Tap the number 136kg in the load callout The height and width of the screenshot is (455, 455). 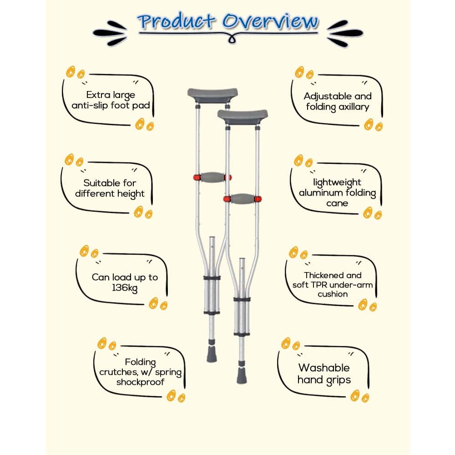coord(125,288)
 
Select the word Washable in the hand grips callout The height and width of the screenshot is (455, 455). coord(324,368)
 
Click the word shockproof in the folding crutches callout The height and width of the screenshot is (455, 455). coord(140,382)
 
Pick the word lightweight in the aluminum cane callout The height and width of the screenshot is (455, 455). coord(337,182)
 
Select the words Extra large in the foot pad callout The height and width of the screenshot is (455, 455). coord(111,95)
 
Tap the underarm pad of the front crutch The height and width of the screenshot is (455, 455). coord(243,116)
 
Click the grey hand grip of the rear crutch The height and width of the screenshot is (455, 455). coord(212,177)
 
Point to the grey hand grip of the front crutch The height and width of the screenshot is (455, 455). coord(243,199)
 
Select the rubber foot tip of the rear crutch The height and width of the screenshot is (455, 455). coord(212,354)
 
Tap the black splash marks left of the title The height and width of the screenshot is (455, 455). coord(110,33)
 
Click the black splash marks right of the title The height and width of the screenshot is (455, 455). coord(345,33)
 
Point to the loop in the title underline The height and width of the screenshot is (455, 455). coord(232,39)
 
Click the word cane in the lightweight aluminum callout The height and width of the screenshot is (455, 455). coord(337,203)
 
